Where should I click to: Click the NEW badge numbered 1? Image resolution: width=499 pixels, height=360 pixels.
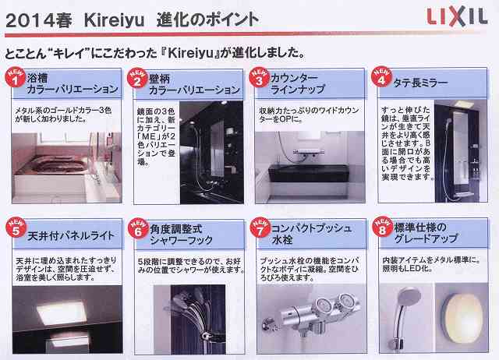pyautogui.click(x=14, y=78)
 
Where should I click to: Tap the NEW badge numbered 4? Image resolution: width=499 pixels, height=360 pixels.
pyautogui.click(x=381, y=78)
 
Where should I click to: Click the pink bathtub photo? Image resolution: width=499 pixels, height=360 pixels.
pyautogui.click(x=62, y=159)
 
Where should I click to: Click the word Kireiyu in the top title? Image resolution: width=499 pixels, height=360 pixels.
pyautogui.click(x=108, y=16)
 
